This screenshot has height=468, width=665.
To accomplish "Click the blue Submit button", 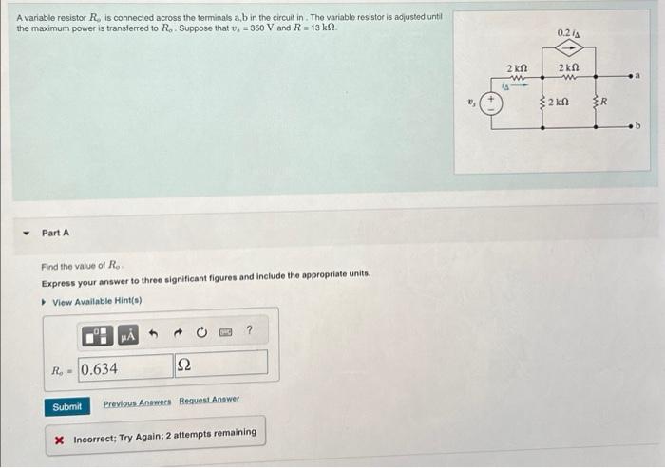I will click(x=67, y=406).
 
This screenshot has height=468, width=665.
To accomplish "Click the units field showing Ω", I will click(x=219, y=364).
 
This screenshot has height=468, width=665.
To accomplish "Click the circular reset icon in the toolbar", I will click(x=201, y=332).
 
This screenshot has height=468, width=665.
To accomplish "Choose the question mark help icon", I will click(x=249, y=331).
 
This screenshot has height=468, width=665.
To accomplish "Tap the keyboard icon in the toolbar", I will click(x=226, y=332).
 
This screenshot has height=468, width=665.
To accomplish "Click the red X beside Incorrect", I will click(x=60, y=440).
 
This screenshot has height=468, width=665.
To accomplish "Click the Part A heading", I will click(x=55, y=233).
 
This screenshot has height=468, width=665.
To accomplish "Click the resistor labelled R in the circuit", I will click(x=596, y=101).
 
